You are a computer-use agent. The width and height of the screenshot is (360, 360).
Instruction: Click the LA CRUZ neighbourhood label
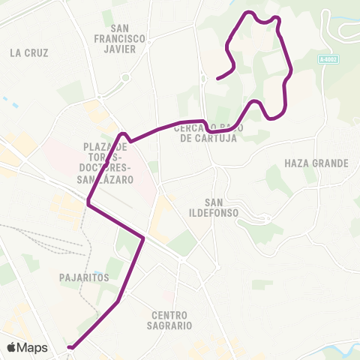point(30,53)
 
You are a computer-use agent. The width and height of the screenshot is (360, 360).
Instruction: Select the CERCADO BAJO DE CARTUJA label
point(205,133)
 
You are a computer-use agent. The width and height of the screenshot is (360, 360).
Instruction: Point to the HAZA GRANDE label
point(317,163)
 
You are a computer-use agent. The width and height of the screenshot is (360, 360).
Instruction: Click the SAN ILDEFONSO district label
point(220,208)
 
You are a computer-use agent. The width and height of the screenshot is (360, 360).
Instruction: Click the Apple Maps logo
point(27,347)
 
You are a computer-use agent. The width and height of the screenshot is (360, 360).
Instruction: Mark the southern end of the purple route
point(69,347)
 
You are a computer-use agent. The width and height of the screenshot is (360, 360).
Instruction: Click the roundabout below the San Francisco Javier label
point(124,77)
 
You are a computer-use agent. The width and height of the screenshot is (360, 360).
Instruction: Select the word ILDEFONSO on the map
point(220,214)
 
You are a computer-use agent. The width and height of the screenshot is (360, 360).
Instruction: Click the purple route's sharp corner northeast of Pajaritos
point(142,238)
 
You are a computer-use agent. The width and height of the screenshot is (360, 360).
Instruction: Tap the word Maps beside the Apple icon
point(33,347)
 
